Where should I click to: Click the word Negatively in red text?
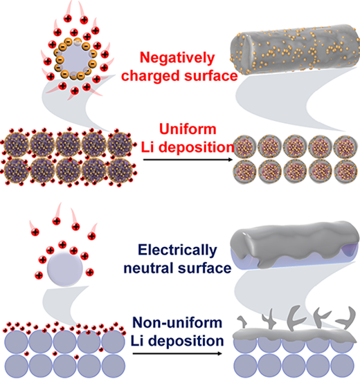[177, 59]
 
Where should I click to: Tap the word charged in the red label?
[150, 75]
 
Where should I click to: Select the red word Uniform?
[188, 129]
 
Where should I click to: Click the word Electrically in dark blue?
[177, 250]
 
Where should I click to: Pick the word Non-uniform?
[177, 322]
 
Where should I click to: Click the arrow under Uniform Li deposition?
[188, 160]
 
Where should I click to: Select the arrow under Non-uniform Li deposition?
[177, 353]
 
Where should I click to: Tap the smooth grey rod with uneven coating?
[294, 244]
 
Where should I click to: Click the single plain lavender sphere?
[65, 269]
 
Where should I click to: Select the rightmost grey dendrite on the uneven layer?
[347, 319]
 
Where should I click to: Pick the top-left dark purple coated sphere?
[17, 145]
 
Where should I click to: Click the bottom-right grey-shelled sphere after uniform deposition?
[345, 171]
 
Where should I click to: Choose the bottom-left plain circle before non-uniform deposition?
[17, 366]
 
